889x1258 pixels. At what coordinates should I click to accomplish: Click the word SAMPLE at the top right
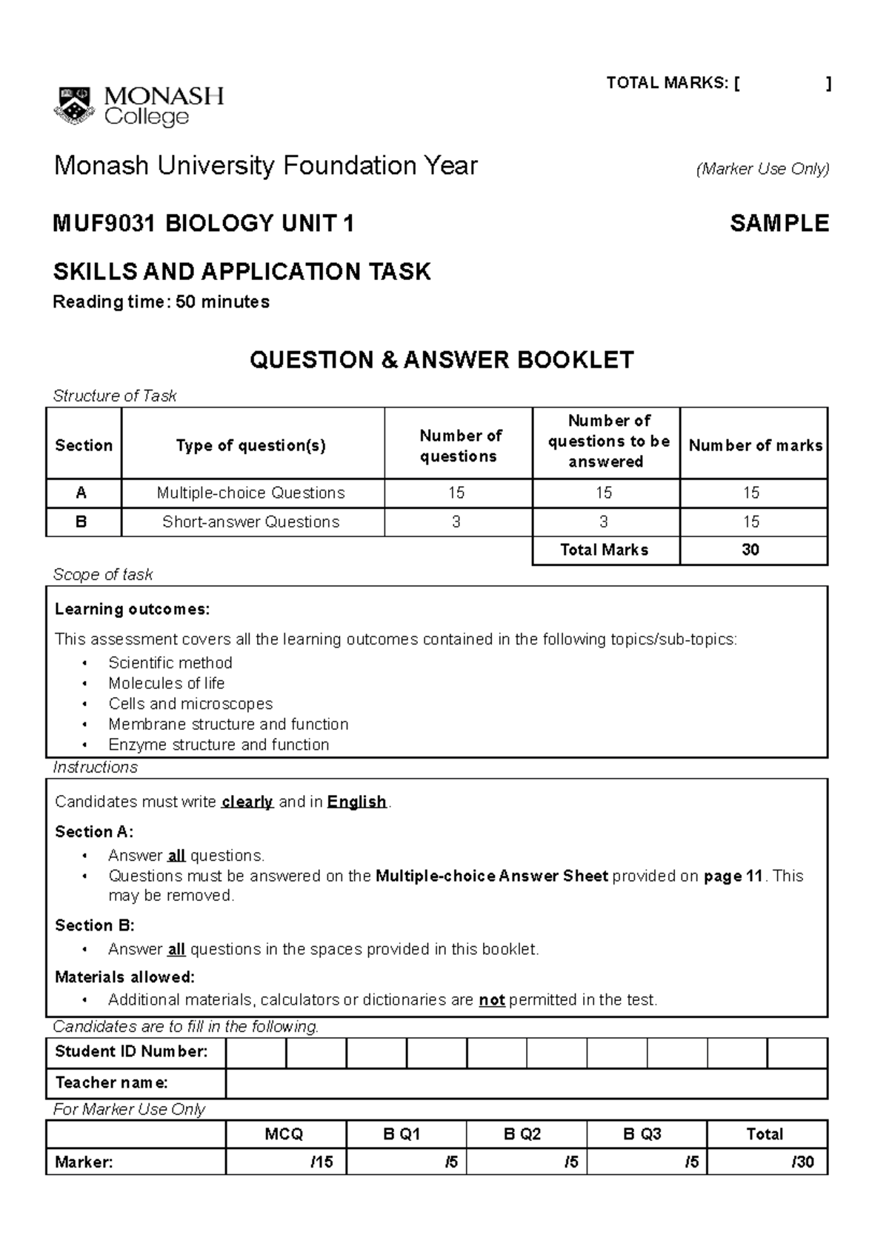[779, 224]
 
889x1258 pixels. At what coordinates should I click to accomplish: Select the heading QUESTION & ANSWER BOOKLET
[442, 360]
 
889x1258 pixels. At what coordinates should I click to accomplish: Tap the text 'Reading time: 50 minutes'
[161, 302]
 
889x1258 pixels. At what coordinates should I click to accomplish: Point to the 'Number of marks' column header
[755, 445]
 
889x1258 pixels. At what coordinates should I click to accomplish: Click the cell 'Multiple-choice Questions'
[251, 493]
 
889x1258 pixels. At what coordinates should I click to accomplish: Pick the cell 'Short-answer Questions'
[251, 522]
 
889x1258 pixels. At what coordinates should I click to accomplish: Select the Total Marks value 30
[750, 550]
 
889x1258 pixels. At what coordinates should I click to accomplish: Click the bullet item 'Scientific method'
[170, 662]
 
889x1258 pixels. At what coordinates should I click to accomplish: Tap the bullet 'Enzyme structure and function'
[219, 745]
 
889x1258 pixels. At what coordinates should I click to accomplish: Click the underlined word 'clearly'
[247, 802]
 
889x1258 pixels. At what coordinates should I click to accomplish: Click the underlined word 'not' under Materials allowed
[491, 1000]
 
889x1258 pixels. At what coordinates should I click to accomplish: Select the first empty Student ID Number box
[256, 1052]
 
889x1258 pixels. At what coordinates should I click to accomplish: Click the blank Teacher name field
[525, 1083]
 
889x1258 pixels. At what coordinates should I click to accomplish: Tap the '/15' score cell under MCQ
[285, 1162]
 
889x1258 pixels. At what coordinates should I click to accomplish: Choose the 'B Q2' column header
[526, 1134]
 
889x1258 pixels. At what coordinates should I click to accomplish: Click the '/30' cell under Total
[767, 1162]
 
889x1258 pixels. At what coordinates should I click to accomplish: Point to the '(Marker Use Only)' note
[762, 169]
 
